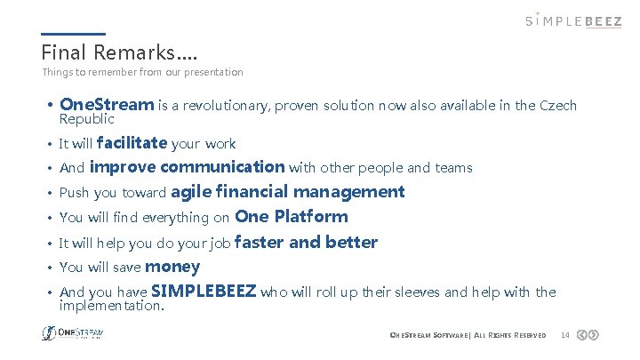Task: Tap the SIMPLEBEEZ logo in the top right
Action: point(573,20)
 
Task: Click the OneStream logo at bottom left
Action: point(73,333)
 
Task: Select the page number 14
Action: point(564,335)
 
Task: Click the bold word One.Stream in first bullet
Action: point(107,105)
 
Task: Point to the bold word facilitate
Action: point(132,142)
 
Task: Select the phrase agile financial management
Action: point(287,191)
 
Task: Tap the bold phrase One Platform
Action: point(292,216)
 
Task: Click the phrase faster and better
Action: point(306,242)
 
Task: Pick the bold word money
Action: point(172,266)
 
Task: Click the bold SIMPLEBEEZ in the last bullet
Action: point(204,291)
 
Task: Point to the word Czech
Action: point(558,106)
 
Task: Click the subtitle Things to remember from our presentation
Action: point(142,72)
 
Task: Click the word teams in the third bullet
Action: point(454,168)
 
